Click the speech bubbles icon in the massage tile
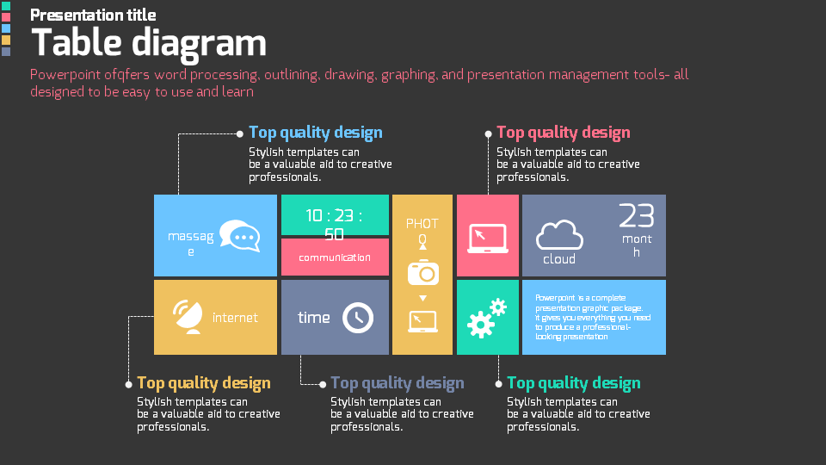(239, 236)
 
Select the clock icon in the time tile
(358, 318)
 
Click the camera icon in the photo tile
(422, 272)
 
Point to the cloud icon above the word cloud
(559, 235)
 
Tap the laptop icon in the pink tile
(488, 239)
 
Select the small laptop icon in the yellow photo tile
(422, 321)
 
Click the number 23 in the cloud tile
(637, 215)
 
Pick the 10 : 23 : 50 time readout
(335, 224)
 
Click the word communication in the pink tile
(335, 257)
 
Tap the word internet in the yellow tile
(235, 318)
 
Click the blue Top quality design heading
(315, 133)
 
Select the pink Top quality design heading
(563, 133)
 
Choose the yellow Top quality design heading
(203, 383)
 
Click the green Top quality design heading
(573, 383)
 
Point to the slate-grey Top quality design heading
(397, 383)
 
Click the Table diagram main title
(149, 43)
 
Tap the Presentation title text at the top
(93, 15)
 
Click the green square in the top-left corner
(6, 6)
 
